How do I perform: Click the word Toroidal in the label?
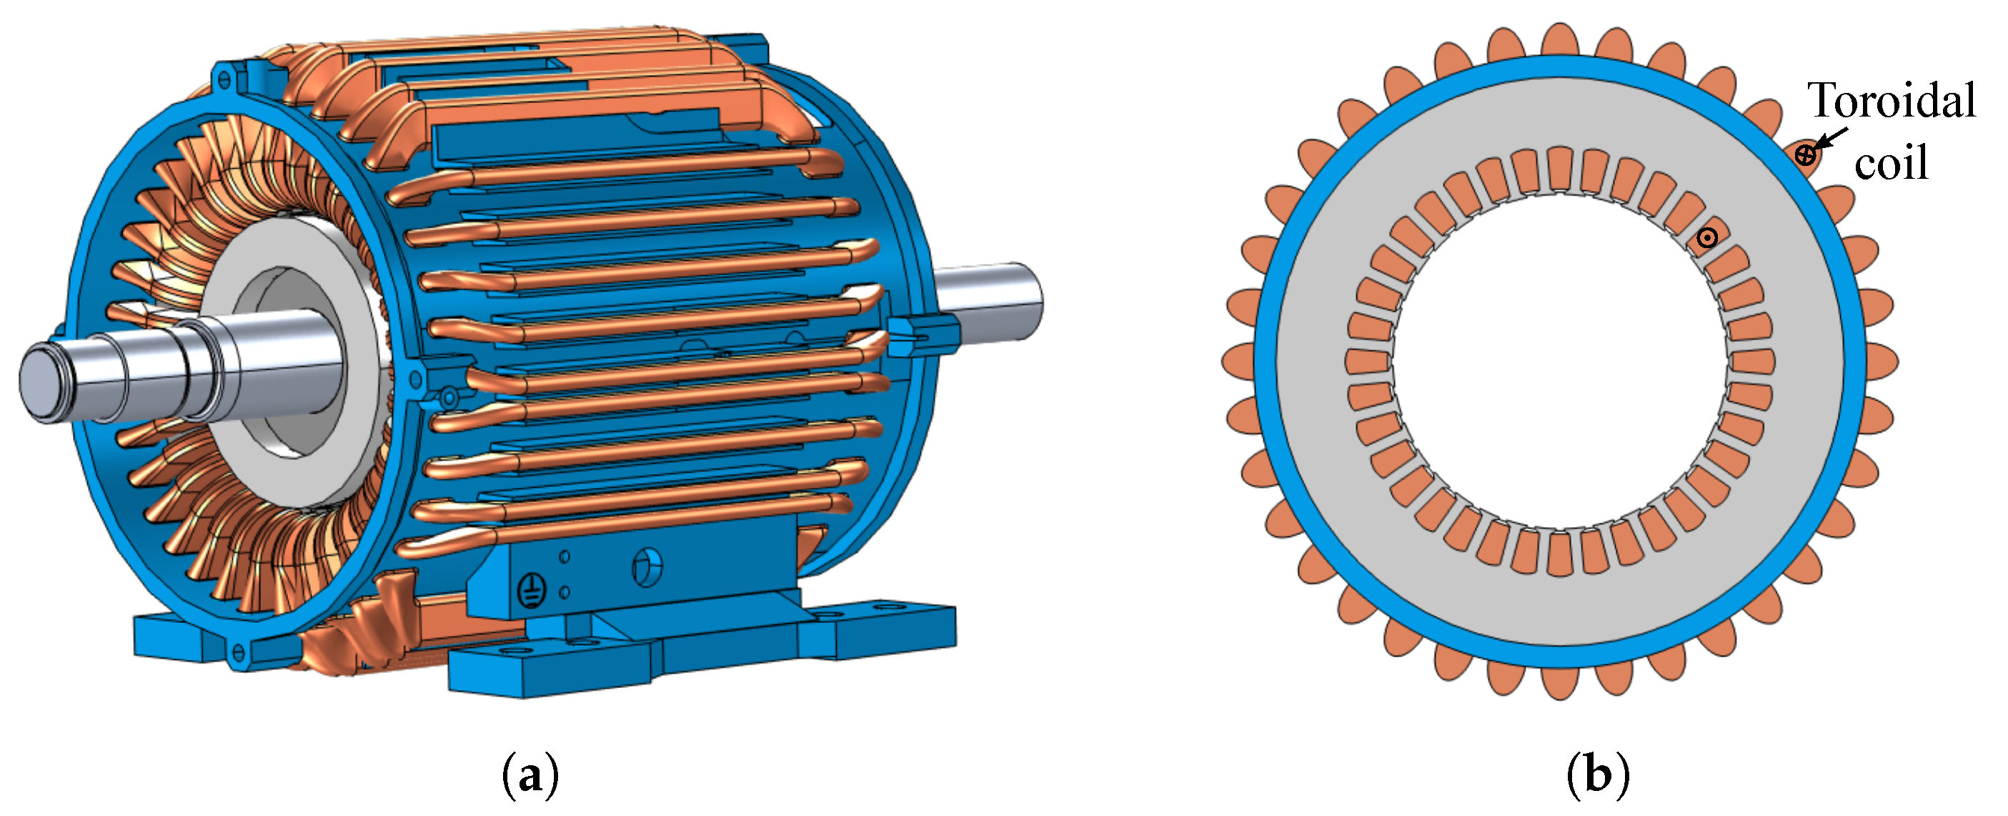click(x=1891, y=102)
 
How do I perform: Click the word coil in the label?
click(x=1891, y=162)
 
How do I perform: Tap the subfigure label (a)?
click(x=531, y=775)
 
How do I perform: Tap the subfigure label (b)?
click(x=1598, y=775)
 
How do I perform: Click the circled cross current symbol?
click(x=1805, y=154)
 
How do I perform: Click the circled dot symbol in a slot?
click(x=1707, y=237)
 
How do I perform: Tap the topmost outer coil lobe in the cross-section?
click(x=1560, y=39)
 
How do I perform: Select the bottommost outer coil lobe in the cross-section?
click(x=1560, y=682)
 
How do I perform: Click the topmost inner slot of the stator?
click(x=1560, y=169)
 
